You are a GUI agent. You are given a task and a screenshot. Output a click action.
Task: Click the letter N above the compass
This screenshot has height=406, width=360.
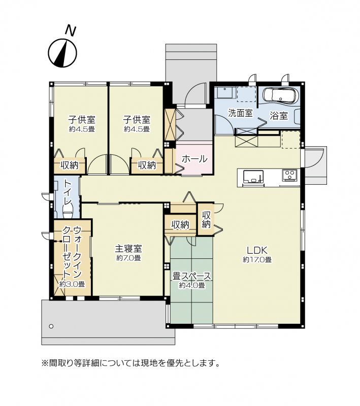click(x=70, y=30)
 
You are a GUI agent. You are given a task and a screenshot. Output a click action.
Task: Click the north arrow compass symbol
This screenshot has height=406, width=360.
click(x=62, y=53)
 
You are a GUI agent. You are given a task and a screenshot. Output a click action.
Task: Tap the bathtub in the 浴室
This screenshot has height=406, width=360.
click(x=279, y=96)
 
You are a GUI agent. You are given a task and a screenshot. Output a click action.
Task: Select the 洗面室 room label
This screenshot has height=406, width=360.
click(x=240, y=113)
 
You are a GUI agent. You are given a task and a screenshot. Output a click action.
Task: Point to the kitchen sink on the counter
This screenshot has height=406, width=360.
click(x=253, y=177)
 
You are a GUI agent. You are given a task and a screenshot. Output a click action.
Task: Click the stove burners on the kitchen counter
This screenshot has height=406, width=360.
click(x=289, y=175)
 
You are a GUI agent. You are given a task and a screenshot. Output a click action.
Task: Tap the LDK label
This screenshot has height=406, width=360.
click(x=257, y=250)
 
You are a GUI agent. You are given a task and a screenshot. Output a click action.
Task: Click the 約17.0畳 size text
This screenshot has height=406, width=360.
click(x=257, y=259)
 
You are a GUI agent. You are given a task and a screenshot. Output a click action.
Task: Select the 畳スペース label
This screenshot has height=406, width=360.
click(x=191, y=277)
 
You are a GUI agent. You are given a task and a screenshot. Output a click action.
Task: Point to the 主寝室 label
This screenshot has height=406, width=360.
click(x=128, y=249)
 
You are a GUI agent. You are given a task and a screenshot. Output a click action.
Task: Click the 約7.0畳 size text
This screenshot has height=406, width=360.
click(x=128, y=258)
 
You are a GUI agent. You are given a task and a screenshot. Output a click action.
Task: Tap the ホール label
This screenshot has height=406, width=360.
click(x=194, y=159)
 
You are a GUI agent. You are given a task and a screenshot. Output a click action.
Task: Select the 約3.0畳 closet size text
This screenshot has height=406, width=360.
click(x=72, y=284)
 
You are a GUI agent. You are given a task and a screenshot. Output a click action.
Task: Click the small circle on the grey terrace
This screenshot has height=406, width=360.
click(x=51, y=326)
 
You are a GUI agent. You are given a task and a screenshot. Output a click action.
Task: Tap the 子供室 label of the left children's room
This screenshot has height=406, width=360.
click(x=82, y=120)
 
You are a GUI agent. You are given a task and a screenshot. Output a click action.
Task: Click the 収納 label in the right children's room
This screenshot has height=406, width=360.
click(x=147, y=165)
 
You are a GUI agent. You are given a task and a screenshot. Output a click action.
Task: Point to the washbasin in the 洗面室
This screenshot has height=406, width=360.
click(x=225, y=93)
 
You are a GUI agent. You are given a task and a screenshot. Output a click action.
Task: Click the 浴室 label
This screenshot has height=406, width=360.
click(x=279, y=116)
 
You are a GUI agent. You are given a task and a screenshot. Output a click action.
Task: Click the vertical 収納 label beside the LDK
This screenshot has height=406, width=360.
click(x=206, y=220)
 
